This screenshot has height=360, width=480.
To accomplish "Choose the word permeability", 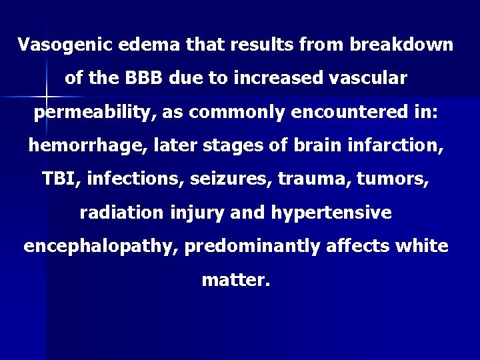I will point(92,113).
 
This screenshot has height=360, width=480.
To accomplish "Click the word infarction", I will point(405,146).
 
